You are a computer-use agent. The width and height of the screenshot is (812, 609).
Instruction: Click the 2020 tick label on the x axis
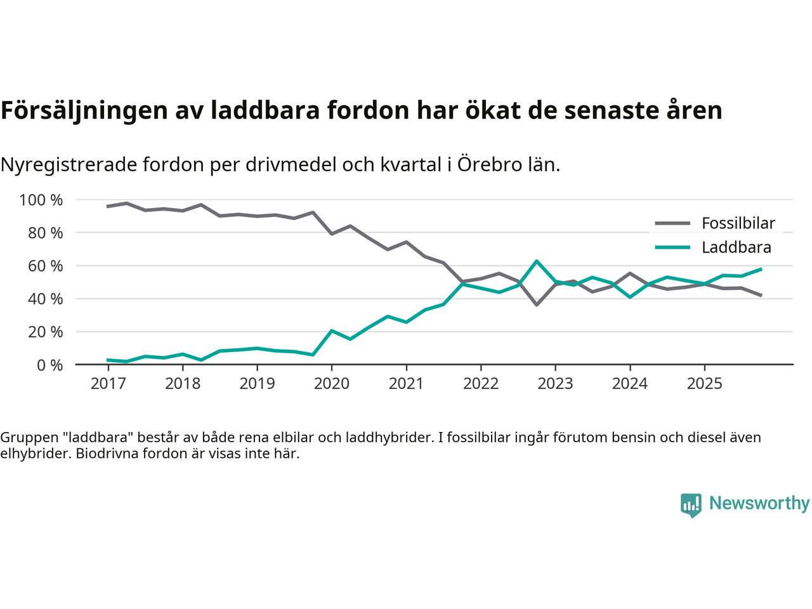(x=332, y=384)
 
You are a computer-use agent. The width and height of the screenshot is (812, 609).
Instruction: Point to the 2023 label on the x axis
(x=555, y=384)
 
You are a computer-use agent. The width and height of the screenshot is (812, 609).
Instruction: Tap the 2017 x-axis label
(x=108, y=384)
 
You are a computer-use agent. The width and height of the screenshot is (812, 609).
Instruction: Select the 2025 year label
(x=705, y=384)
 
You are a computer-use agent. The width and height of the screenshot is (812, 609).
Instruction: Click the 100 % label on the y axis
(x=41, y=200)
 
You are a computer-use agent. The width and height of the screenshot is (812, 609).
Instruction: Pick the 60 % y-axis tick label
(x=45, y=266)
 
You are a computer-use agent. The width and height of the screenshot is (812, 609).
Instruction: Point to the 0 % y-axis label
(x=49, y=365)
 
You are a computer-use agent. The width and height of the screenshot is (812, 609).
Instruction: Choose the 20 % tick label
(x=45, y=332)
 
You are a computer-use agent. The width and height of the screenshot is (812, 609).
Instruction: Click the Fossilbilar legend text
(x=738, y=223)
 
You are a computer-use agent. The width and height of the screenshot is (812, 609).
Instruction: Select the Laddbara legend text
(x=737, y=247)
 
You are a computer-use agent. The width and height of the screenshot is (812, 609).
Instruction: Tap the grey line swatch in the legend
(x=672, y=223)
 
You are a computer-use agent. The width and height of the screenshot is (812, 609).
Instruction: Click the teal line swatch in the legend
(x=672, y=247)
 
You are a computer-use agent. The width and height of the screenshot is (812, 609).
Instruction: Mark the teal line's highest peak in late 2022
(x=537, y=261)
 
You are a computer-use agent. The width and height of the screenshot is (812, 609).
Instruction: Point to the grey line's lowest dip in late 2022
(x=537, y=305)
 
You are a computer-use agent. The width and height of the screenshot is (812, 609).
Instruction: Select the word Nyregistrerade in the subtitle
(x=69, y=165)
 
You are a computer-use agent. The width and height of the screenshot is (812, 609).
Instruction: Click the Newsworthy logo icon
(x=691, y=505)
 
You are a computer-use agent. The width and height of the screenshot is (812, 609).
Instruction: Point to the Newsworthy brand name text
(x=759, y=504)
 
